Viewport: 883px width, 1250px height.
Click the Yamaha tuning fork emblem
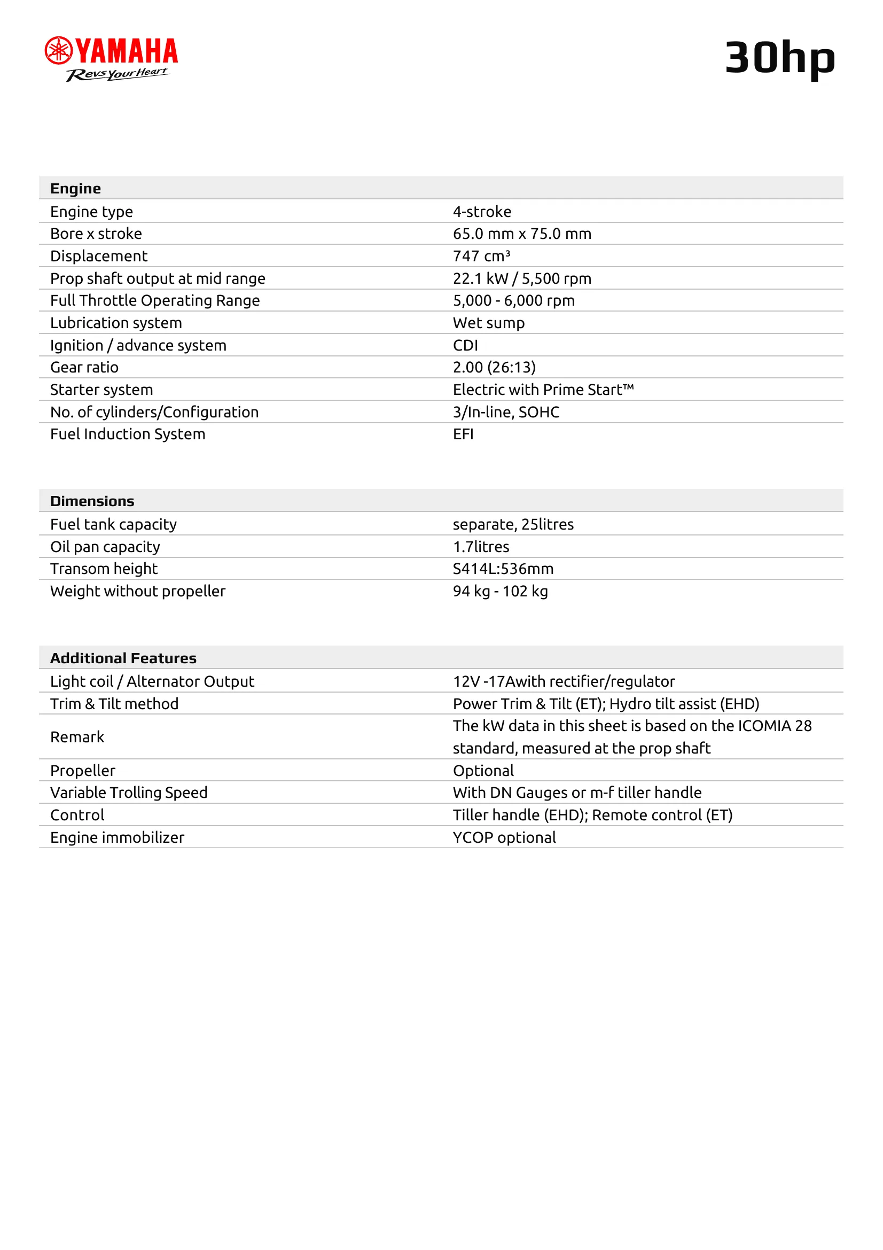tap(58, 50)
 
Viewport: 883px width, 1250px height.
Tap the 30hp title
tap(779, 58)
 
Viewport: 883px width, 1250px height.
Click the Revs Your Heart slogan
tap(118, 74)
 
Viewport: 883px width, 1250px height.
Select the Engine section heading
tap(76, 188)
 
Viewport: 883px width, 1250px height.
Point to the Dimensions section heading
tap(92, 501)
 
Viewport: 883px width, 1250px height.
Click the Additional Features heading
tap(123, 658)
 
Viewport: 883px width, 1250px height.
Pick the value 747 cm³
tap(481, 256)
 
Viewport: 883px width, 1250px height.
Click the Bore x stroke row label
tap(96, 234)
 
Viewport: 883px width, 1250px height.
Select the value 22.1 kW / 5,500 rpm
tap(522, 278)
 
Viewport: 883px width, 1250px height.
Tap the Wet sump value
tap(489, 323)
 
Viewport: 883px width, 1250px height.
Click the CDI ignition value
tap(465, 345)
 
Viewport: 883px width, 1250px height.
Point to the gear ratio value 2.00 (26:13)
tap(494, 368)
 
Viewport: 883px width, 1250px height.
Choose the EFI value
tap(463, 434)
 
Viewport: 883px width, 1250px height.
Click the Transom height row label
tap(104, 569)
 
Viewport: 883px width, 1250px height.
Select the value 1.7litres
tap(481, 547)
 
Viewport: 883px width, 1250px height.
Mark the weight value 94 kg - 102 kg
tap(500, 591)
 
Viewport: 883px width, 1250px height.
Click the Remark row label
tap(77, 736)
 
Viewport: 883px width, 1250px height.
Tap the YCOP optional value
tap(504, 837)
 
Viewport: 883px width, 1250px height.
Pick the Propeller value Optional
tap(483, 771)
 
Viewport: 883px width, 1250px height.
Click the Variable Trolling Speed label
tap(129, 792)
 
